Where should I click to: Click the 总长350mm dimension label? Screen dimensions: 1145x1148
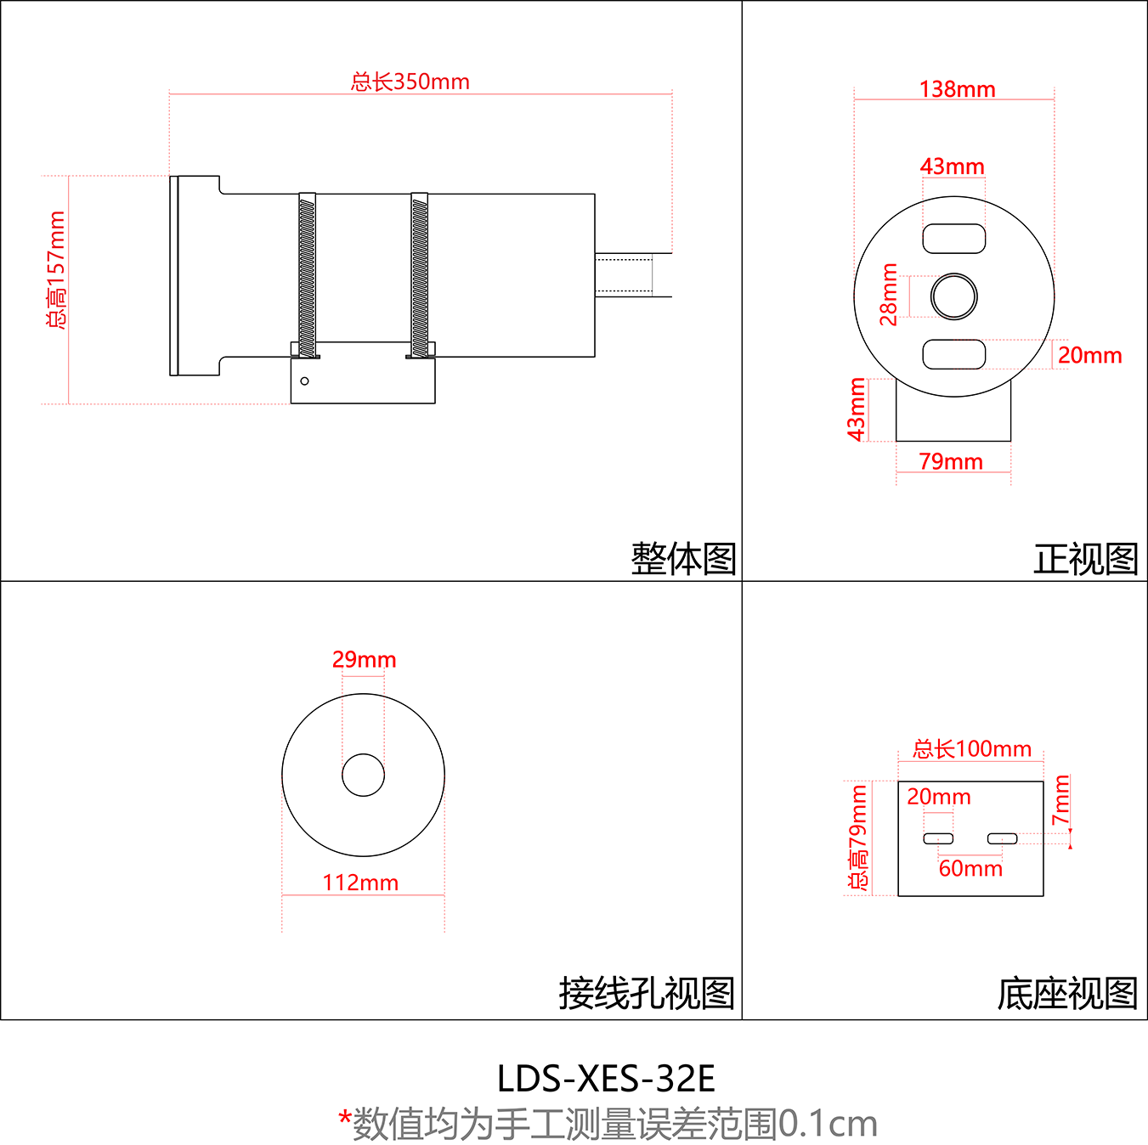click(410, 82)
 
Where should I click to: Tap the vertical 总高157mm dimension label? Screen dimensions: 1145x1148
click(56, 270)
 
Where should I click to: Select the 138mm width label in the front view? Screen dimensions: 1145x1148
click(957, 89)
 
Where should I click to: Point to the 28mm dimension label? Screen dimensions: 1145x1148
click(889, 295)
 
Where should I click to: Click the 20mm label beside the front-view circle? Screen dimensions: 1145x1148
click(1089, 355)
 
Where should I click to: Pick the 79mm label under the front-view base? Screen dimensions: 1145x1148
click(951, 461)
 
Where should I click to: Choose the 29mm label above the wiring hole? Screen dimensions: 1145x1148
click(364, 659)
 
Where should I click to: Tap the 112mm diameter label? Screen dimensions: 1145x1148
click(360, 883)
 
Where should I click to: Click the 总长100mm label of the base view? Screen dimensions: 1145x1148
click(972, 749)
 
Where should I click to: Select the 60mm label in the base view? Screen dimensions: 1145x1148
click(970, 868)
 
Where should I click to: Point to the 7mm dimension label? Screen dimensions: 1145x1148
click(1060, 800)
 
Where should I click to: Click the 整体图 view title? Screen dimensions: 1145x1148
click(683, 559)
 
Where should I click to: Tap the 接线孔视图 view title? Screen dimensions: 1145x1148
click(647, 993)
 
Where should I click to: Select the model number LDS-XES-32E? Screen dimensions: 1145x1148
click(606, 1079)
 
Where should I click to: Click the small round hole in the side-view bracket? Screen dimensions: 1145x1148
click(304, 381)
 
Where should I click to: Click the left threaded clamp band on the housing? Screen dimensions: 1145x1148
click(307, 276)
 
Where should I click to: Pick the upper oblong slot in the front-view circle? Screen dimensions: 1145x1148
click(954, 239)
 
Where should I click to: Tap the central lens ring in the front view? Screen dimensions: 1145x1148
click(954, 296)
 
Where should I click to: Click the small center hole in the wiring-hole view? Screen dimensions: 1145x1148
click(363, 775)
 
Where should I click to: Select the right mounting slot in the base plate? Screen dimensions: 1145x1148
click(1003, 839)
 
